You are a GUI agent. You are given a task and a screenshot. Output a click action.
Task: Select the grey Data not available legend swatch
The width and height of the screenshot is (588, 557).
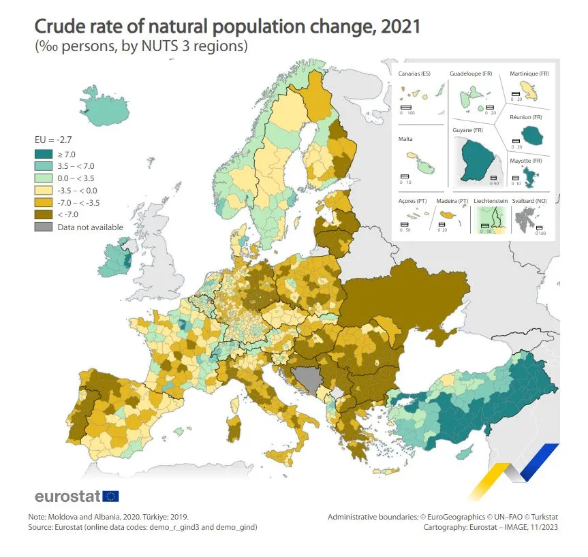point(43,227)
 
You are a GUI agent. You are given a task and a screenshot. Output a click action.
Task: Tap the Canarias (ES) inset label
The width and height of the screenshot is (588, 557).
point(414,73)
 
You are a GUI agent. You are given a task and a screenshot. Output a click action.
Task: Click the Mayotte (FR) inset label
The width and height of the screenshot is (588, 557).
point(527,161)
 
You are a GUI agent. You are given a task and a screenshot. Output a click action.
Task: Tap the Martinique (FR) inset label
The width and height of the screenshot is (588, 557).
point(529,73)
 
